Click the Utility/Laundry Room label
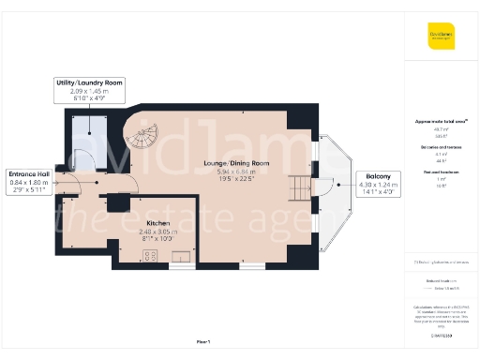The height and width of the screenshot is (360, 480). coord(90,83)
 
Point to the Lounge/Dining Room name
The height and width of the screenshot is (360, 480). coord(236,163)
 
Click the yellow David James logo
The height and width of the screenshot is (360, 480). coord(441,37)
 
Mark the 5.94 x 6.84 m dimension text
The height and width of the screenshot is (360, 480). coord(236,172)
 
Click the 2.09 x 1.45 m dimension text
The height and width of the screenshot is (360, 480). coord(90,92)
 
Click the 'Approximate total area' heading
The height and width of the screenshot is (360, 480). coord(441,122)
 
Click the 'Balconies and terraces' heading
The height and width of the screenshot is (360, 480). coord(441,147)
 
